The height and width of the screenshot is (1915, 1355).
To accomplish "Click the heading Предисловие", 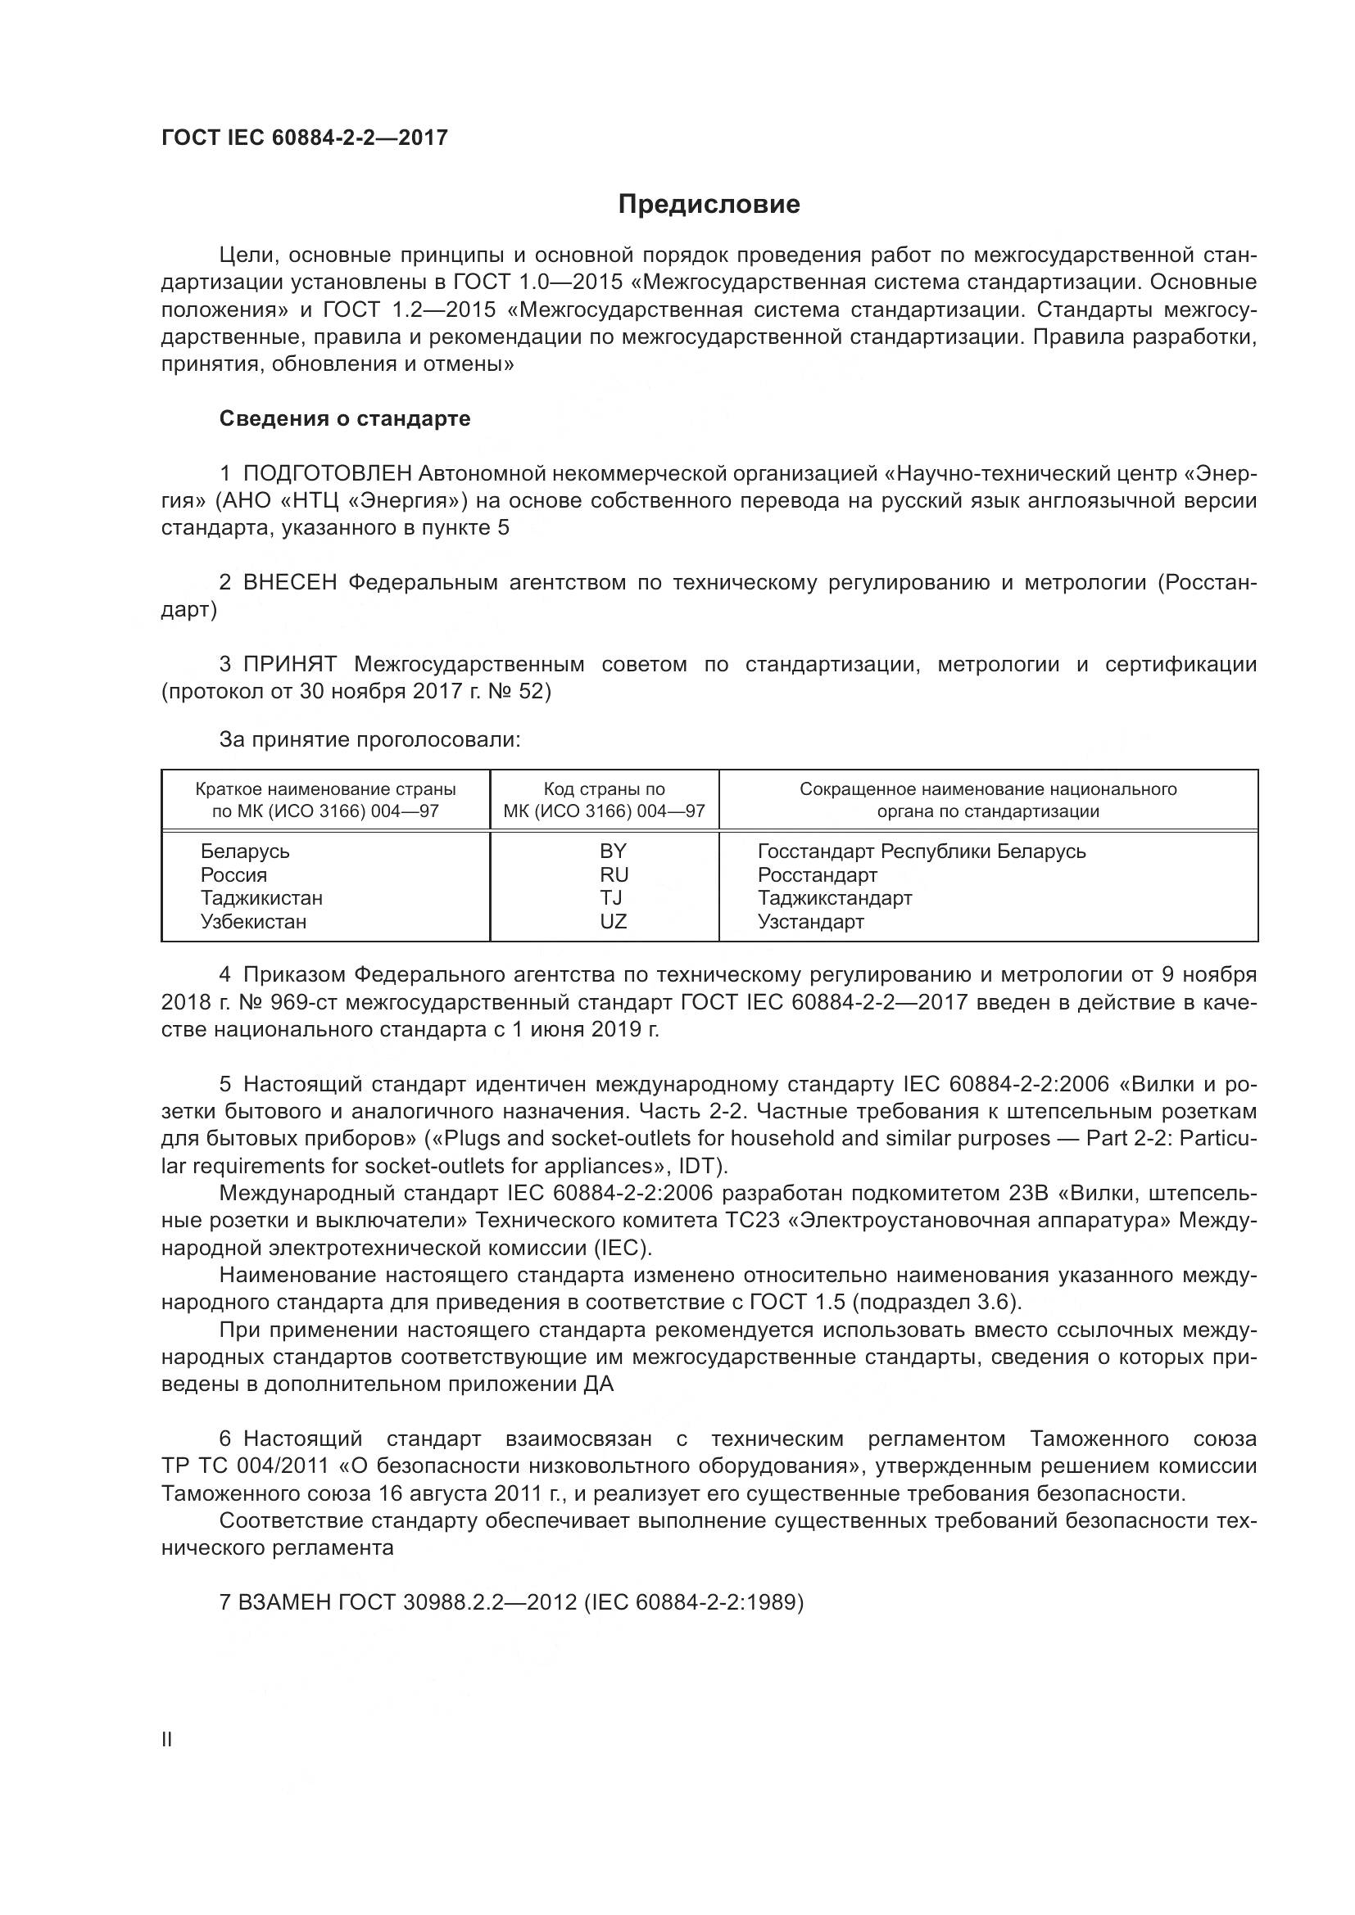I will pos(709,205).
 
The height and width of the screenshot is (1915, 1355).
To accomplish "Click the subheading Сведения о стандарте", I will pos(345,418).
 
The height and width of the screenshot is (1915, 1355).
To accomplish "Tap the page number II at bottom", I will pos(167,1740).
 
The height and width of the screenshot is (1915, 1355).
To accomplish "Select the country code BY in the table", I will pos(613,851).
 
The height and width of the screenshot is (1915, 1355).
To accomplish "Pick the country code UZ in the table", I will pos(613,922).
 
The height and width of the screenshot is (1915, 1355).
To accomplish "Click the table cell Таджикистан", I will pos(261,898).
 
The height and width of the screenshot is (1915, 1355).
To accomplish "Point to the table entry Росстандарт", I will pos(817,875).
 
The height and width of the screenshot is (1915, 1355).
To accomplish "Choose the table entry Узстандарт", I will pos(810,922).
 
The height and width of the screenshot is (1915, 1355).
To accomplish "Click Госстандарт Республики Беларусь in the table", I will pos(921,851).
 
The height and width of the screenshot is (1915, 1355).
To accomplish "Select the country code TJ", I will pos(612,898).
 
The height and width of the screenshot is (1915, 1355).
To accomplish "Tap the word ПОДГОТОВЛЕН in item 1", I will pos(327,474).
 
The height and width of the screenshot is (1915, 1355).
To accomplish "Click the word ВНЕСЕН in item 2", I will pos(289,583).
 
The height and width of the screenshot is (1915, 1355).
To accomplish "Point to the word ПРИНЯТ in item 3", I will pos(289,665).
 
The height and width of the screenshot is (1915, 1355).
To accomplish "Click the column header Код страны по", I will pos(604,789).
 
